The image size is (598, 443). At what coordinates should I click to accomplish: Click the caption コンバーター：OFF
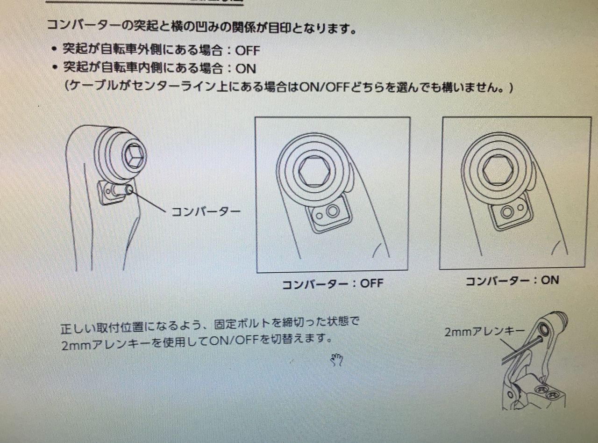(333, 284)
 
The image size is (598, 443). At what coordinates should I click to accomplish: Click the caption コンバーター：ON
(512, 281)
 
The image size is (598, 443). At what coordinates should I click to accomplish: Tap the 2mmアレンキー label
(484, 332)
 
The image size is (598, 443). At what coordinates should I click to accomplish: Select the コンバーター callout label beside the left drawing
(206, 212)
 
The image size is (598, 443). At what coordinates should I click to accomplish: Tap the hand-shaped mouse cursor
(337, 360)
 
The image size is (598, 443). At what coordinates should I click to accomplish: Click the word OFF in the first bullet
(248, 51)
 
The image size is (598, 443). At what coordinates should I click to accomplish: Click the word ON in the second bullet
(246, 69)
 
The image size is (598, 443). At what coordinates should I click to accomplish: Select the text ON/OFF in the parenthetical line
(324, 87)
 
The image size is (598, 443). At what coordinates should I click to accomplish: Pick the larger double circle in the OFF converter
(332, 211)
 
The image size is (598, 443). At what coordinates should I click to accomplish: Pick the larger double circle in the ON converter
(507, 212)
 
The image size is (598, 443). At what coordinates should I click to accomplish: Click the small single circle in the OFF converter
(319, 216)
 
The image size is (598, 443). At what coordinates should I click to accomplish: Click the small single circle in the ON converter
(520, 208)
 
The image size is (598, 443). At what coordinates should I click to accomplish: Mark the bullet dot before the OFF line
(55, 49)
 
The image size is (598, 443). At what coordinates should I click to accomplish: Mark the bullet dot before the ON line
(55, 67)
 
